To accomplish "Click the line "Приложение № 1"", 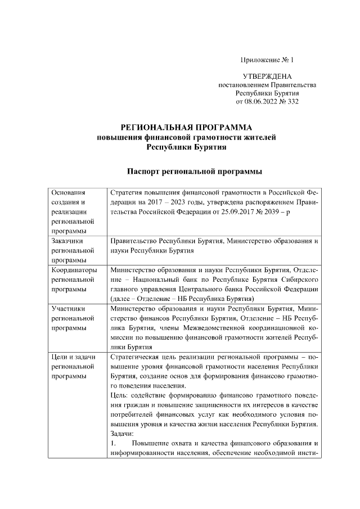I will click(267, 59).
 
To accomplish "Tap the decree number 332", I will click(292, 102).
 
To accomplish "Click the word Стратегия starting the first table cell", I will click(127, 193).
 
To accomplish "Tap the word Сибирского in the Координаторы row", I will click(301, 280).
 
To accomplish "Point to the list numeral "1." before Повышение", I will click(113, 444).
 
